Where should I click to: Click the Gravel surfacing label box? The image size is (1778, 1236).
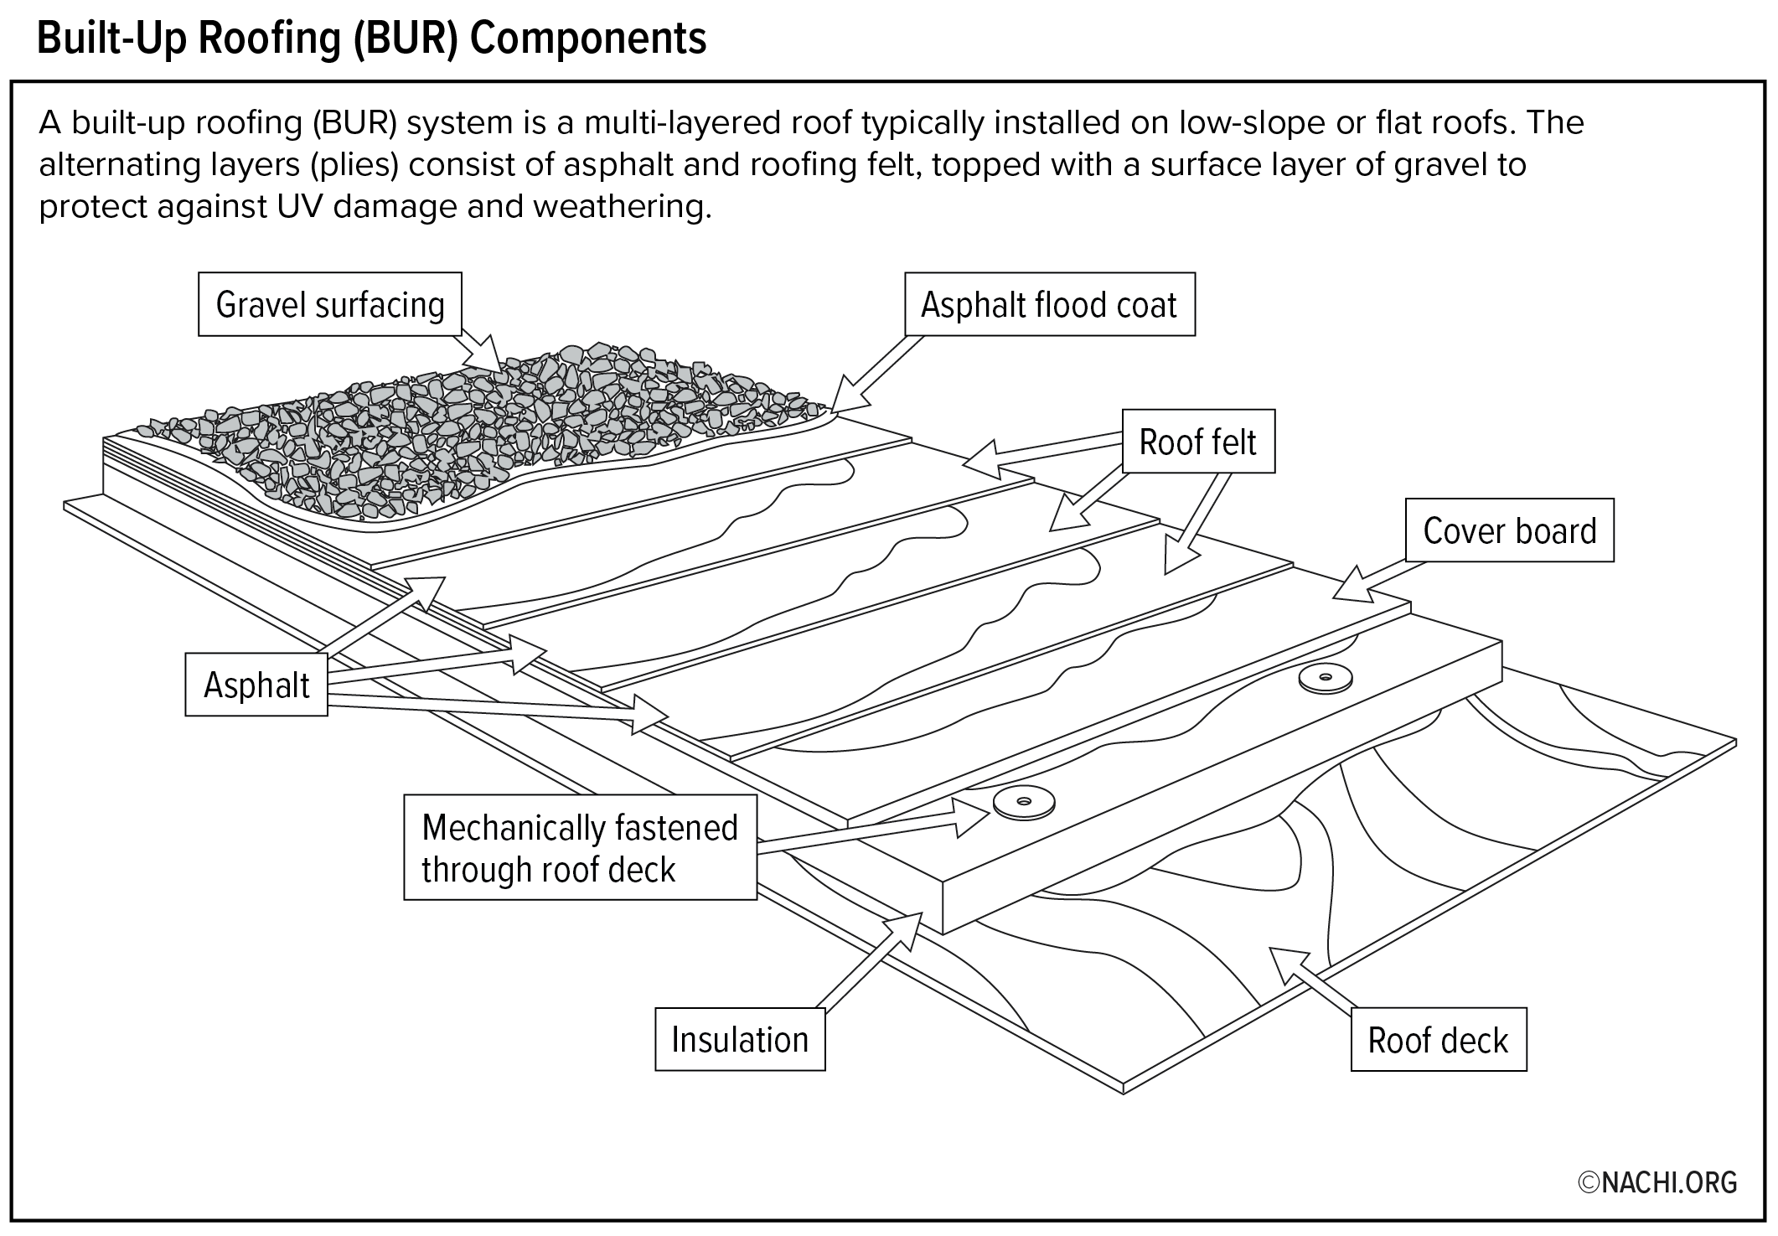330,304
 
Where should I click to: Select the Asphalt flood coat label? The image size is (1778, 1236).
1049,304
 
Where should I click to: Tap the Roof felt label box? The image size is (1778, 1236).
1197,442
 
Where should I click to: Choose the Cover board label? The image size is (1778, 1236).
1509,530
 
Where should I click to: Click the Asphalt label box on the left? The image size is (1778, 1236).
256,685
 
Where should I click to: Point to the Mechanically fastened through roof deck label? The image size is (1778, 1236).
580,847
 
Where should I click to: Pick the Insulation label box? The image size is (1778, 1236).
740,1039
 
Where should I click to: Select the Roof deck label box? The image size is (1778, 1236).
1438,1040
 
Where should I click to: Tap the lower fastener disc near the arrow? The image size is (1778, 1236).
1023,802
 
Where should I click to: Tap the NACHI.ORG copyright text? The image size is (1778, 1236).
1657,1182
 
